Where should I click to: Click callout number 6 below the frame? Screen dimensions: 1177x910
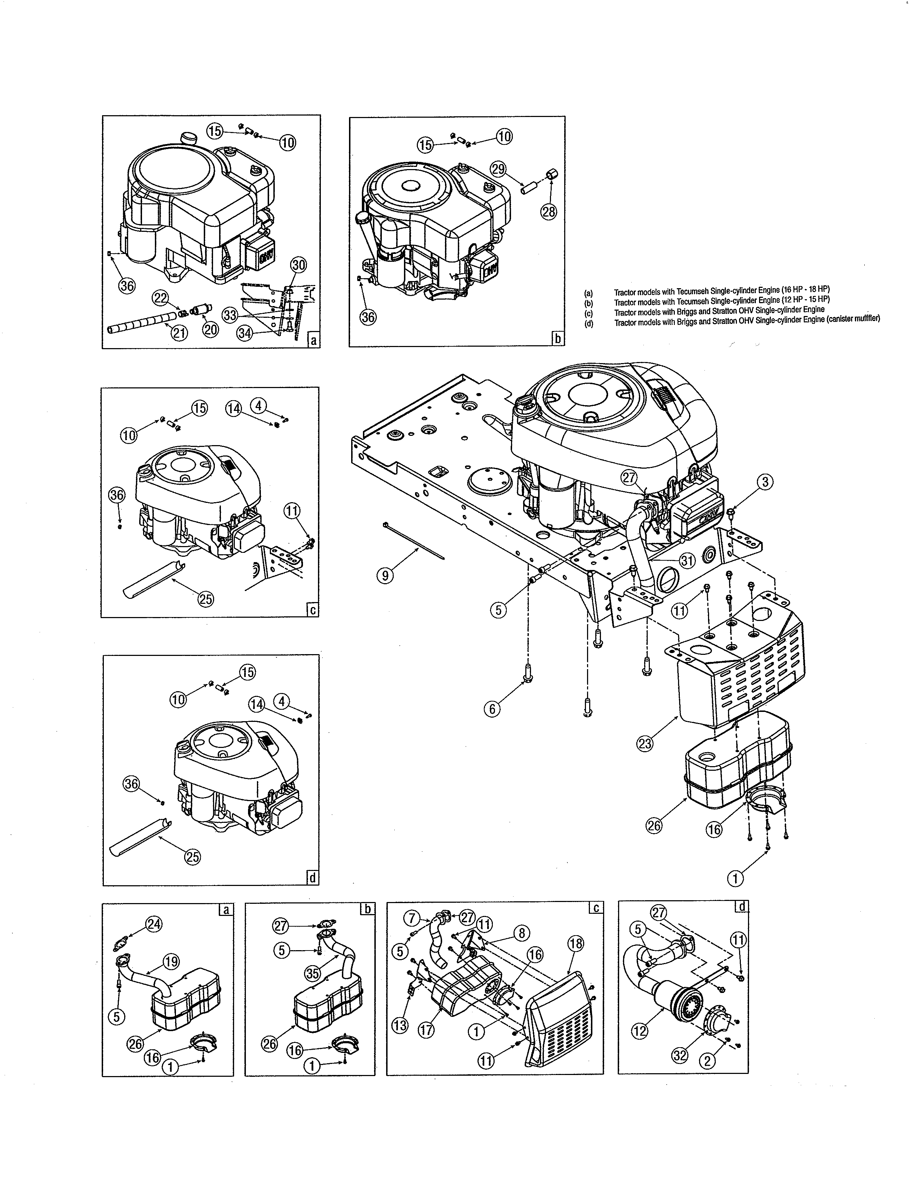492,709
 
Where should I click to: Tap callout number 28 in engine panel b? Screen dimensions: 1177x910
549,212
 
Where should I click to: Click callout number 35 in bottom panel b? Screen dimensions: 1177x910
313,973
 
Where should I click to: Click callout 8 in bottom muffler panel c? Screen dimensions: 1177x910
522,933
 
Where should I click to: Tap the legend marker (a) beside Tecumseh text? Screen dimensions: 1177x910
589,293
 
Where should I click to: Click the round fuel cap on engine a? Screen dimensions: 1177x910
189,137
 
